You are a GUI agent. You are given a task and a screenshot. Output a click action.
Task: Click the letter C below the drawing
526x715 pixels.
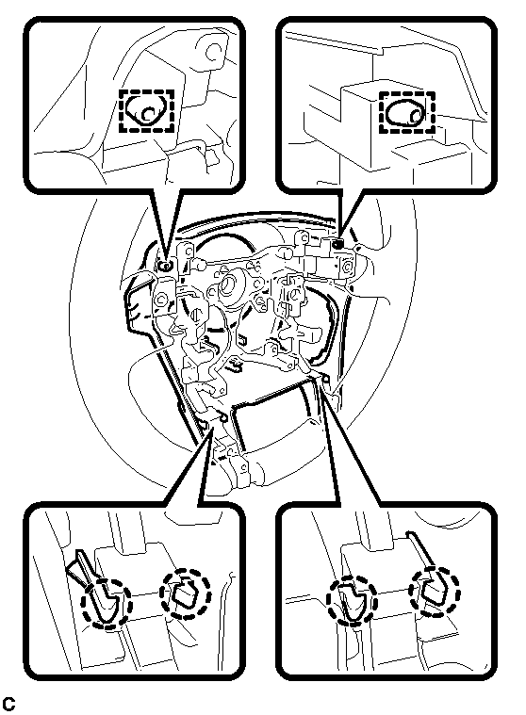[x=9, y=704]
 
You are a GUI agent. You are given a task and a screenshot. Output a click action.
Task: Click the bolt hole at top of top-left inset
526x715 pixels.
[x=213, y=52]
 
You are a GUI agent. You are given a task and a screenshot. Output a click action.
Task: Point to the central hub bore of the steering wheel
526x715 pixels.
[x=228, y=286]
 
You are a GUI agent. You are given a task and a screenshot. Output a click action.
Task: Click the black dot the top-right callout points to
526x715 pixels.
[x=338, y=245]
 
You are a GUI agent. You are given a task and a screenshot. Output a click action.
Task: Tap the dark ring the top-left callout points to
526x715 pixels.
[x=166, y=267]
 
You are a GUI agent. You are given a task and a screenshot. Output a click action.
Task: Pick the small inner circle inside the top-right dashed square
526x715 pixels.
[x=415, y=115]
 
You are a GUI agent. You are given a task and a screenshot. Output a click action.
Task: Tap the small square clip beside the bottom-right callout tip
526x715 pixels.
[x=326, y=378]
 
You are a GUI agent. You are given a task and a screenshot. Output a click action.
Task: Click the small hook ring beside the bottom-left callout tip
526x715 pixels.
[x=223, y=417]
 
